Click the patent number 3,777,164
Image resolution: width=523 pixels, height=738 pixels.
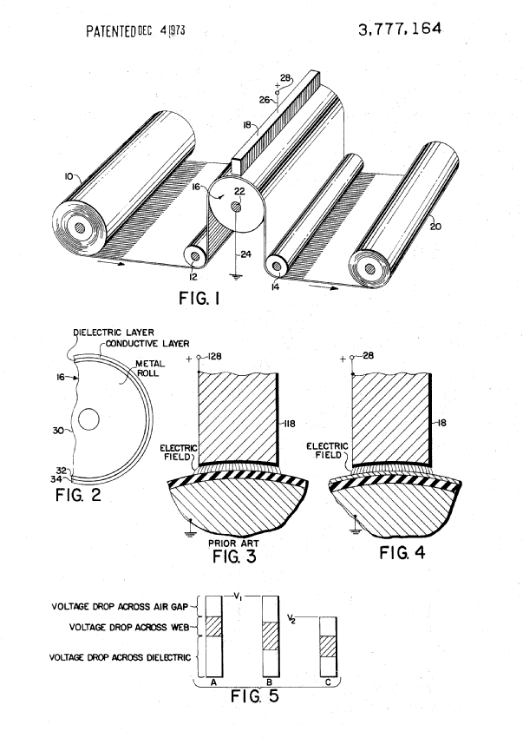point(400,30)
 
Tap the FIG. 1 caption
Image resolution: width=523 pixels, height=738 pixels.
point(199,298)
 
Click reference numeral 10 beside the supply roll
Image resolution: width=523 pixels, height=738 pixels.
point(69,176)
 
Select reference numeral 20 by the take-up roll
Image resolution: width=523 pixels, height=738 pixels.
point(435,227)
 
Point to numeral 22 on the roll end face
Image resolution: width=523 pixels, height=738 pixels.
point(240,191)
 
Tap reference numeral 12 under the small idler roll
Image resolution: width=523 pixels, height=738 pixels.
point(193,277)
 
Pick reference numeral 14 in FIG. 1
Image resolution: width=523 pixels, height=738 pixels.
point(275,287)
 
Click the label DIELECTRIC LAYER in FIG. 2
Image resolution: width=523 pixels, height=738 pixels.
point(114,333)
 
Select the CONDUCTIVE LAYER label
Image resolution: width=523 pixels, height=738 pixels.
point(147,344)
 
